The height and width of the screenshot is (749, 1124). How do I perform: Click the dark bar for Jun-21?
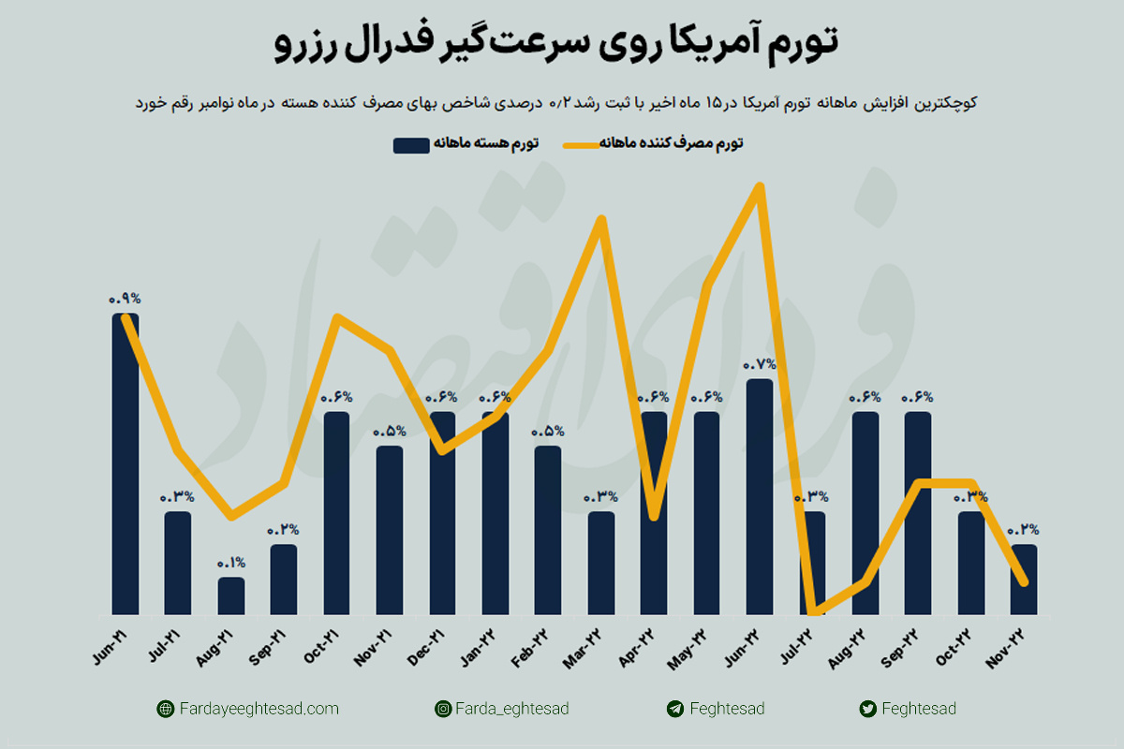pos(126,463)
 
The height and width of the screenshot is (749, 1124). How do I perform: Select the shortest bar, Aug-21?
pos(231,595)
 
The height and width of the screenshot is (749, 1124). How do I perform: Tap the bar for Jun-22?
pos(760,496)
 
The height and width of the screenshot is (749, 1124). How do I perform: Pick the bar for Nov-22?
pos(1024,579)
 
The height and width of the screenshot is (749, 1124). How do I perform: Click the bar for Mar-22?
pos(601,562)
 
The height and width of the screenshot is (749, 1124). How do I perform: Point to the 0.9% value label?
pos(125,299)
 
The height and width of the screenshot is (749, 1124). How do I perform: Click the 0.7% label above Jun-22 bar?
pos(760,364)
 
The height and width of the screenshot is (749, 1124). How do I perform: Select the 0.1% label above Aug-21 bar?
pos(231,563)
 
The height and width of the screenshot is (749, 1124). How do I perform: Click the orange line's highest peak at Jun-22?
pos(760,186)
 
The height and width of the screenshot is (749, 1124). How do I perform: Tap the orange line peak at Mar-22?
pos(601,219)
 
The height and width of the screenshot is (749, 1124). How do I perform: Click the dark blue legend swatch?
pos(411,144)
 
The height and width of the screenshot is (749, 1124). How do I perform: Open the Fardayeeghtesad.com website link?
pos(259,709)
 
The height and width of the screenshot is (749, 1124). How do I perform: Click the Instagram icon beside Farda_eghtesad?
pos(442,709)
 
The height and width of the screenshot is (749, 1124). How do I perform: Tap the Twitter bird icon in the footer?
pos(867,709)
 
